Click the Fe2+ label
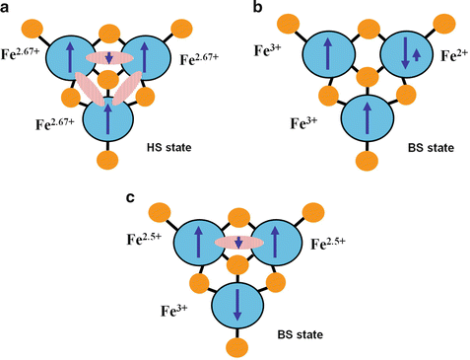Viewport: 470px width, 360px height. click(446, 56)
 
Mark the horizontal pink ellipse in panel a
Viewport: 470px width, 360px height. click(110, 59)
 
